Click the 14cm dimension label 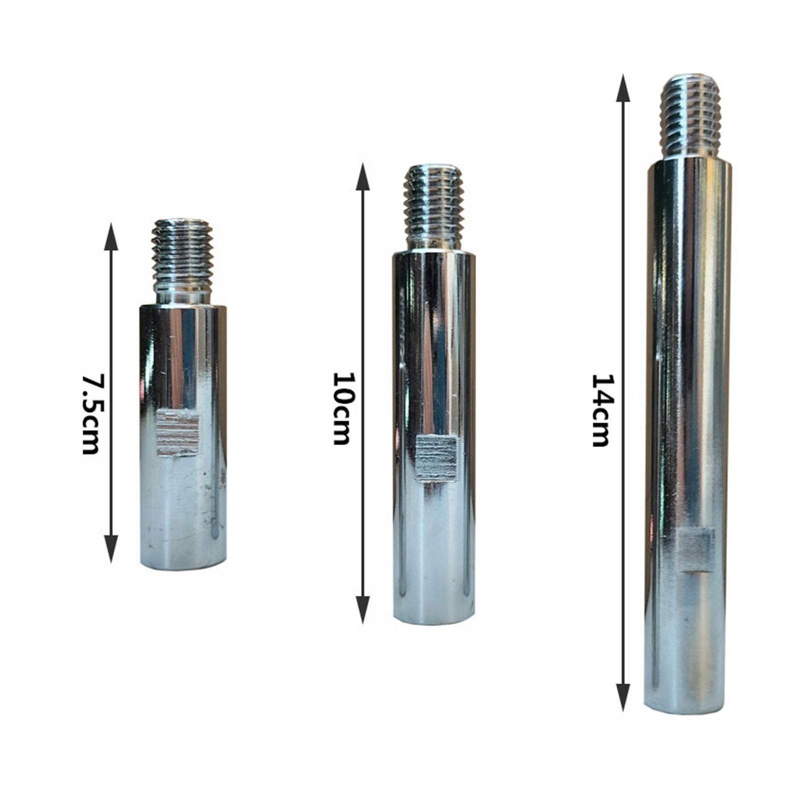coord(600,410)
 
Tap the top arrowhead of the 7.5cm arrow coord(111,236)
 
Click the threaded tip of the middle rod coord(434,200)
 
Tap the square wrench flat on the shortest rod coord(178,433)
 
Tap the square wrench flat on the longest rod coord(695,550)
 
